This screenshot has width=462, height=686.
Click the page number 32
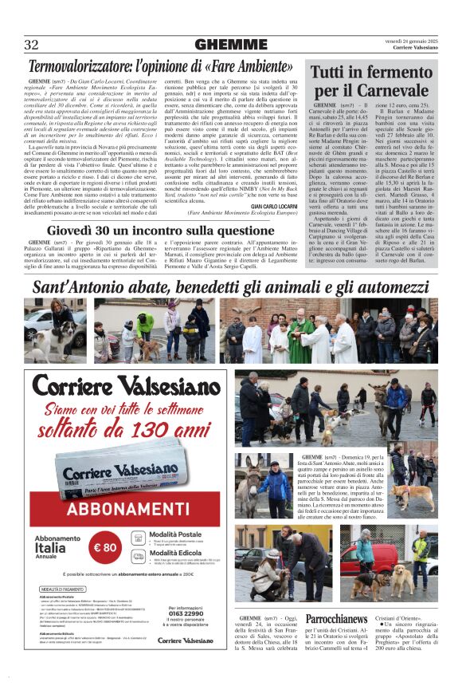pyautogui.click(x=32, y=45)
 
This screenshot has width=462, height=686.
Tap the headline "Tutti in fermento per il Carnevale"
pyautogui.click(x=371, y=81)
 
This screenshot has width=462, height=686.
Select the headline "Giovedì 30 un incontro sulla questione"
pyautogui.click(x=162, y=230)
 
